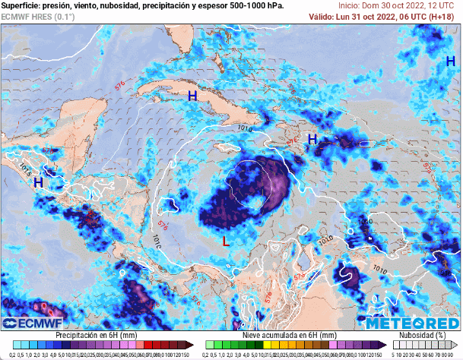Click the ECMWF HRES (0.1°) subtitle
coord(38,16)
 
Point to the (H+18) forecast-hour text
coord(442,16)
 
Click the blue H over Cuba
coord(192,96)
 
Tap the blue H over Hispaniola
coord(312,139)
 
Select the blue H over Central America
coord(37,183)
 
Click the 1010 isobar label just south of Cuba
coord(244,129)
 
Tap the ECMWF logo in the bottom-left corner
coord(29,323)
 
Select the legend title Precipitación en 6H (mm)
coord(96,335)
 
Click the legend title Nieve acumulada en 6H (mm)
coord(289,335)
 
